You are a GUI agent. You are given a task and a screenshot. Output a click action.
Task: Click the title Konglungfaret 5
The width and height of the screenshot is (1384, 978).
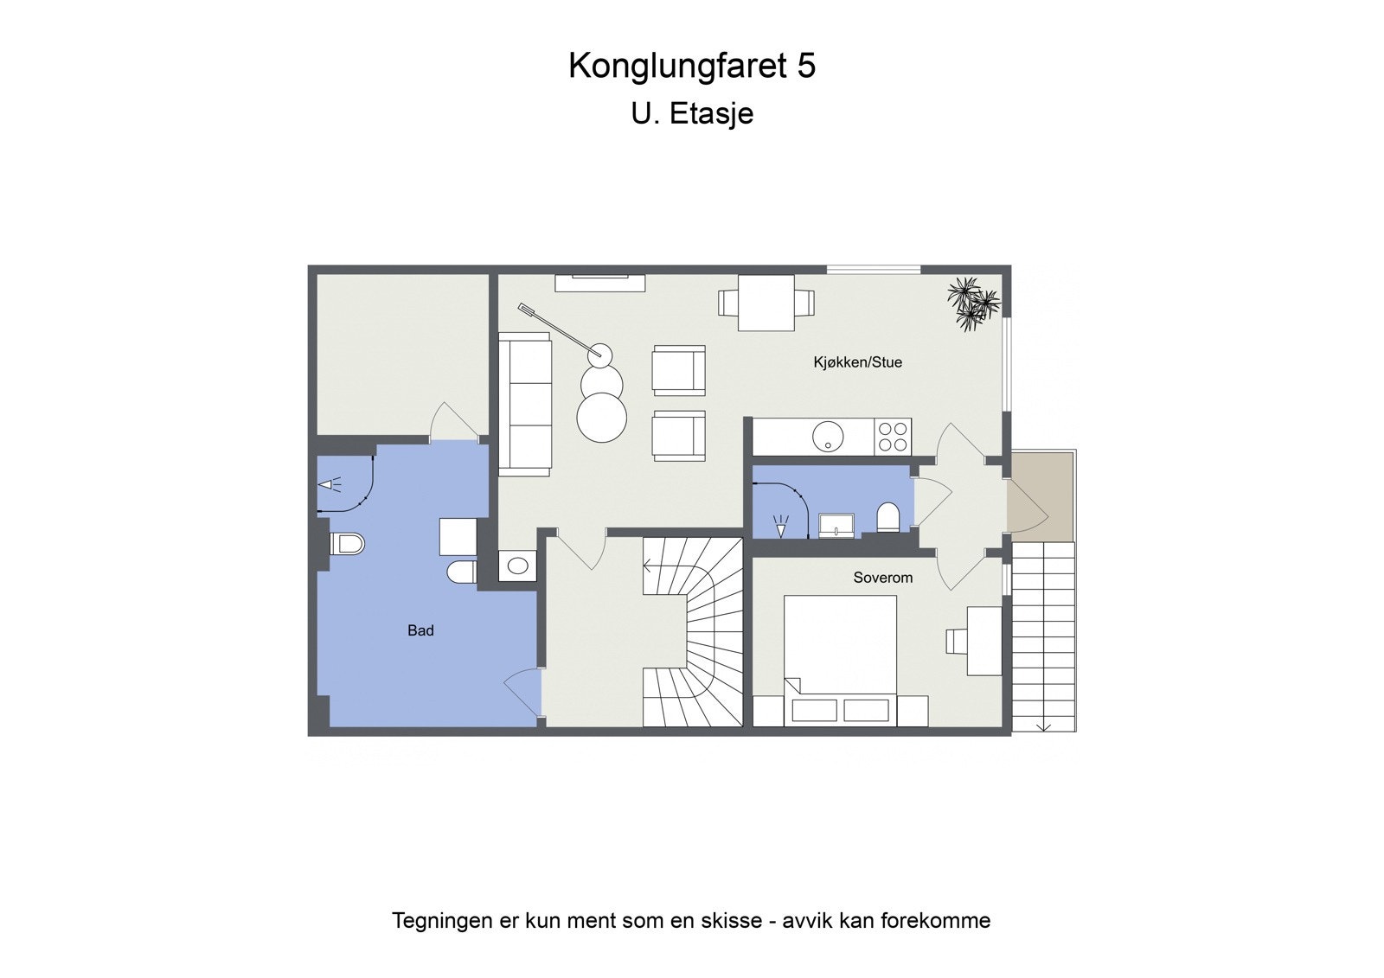(x=691, y=66)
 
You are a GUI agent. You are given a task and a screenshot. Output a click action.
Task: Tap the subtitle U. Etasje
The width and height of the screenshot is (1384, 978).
(x=691, y=113)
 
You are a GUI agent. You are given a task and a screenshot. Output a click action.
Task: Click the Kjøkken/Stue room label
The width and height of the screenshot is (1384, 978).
(x=857, y=362)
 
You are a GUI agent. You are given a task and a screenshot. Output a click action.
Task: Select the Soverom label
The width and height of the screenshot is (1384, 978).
(x=882, y=578)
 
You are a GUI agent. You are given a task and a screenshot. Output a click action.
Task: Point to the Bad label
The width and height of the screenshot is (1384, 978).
(x=420, y=630)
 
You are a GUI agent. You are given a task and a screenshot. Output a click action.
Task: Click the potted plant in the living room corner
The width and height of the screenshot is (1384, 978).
(x=973, y=304)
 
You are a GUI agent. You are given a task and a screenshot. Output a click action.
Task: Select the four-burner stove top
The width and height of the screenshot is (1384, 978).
(x=892, y=437)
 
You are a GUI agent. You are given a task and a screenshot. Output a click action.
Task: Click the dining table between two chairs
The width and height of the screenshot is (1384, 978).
(x=766, y=303)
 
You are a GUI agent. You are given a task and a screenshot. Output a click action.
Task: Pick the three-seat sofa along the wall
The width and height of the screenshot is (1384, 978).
(x=525, y=404)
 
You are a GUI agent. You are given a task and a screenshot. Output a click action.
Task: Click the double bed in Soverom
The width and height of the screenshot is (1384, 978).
(x=840, y=649)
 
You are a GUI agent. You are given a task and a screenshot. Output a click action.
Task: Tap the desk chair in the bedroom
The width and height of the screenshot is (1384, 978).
(x=956, y=641)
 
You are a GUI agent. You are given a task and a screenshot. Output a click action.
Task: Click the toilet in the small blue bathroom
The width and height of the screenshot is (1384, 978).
(x=888, y=518)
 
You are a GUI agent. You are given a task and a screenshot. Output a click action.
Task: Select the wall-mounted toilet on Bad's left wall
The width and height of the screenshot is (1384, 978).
(x=347, y=544)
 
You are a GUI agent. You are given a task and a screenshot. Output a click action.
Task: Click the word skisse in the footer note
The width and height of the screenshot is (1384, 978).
(x=730, y=920)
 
